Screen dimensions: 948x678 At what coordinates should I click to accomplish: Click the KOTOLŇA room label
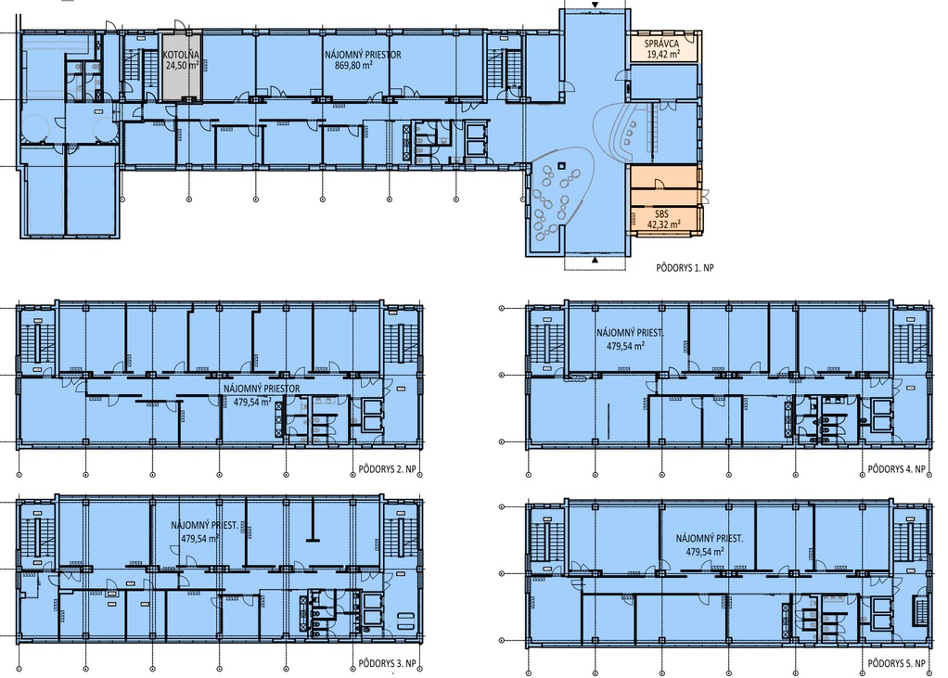[181, 55]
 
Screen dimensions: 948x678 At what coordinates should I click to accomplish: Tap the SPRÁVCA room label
[661, 44]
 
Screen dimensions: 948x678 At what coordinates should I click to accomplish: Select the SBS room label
[661, 214]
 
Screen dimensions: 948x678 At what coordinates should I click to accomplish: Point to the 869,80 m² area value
[353, 66]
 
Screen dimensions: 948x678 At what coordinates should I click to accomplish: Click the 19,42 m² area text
[663, 54]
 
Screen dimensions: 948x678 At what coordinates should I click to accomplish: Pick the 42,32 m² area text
[664, 224]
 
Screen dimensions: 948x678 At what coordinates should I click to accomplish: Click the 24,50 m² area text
[183, 65]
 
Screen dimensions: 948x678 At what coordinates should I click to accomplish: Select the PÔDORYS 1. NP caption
[685, 267]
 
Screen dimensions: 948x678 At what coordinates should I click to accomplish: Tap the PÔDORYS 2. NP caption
[387, 469]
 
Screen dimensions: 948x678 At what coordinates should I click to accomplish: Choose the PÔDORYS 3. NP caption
[387, 663]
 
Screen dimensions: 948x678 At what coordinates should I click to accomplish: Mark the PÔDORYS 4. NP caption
[897, 469]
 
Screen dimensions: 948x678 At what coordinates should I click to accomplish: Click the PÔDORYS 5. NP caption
[897, 663]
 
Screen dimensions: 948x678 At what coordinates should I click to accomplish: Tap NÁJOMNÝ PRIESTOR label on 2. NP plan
[262, 389]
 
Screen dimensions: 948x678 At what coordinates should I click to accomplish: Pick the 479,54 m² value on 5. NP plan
[705, 552]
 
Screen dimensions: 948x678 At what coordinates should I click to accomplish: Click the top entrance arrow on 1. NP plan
[595, 5]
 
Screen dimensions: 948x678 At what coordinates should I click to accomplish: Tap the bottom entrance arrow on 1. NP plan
[595, 261]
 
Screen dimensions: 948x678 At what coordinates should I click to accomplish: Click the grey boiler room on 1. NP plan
[181, 67]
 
